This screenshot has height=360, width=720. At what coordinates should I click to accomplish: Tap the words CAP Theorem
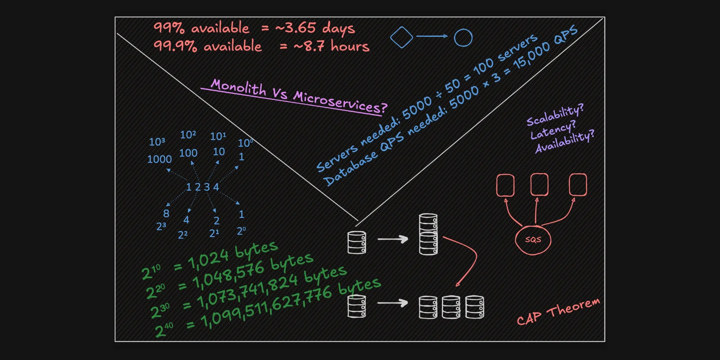(558, 311)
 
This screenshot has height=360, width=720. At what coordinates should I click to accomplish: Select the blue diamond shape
(401, 37)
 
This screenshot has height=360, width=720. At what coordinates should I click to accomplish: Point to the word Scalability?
(555, 115)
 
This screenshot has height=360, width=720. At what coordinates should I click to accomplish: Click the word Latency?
(553, 130)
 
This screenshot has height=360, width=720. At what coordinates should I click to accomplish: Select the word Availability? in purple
(565, 141)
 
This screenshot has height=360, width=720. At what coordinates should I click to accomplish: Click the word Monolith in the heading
(238, 87)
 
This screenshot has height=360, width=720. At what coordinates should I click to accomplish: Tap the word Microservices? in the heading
(340, 102)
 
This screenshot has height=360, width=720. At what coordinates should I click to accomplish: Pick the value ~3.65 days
(315, 28)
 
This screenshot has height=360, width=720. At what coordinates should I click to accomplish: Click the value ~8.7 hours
(331, 46)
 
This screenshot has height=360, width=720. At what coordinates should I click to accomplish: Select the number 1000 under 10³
(159, 159)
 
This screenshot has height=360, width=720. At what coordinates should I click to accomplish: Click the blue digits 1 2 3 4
(202, 187)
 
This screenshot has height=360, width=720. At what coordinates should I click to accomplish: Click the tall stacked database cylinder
(428, 234)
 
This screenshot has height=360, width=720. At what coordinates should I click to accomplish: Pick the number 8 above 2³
(166, 213)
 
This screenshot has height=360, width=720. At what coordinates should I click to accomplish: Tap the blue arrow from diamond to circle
(432, 36)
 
